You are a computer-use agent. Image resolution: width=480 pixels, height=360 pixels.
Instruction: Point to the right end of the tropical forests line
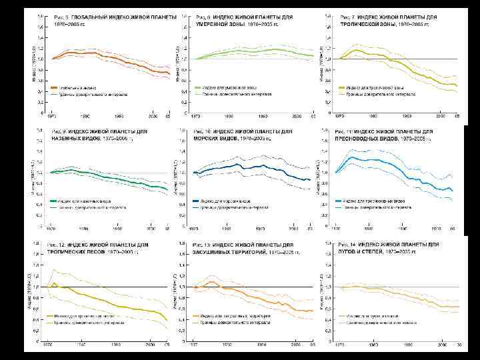click(x=167, y=321)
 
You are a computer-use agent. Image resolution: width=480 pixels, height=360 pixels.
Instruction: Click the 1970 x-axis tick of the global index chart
click(x=51, y=115)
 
